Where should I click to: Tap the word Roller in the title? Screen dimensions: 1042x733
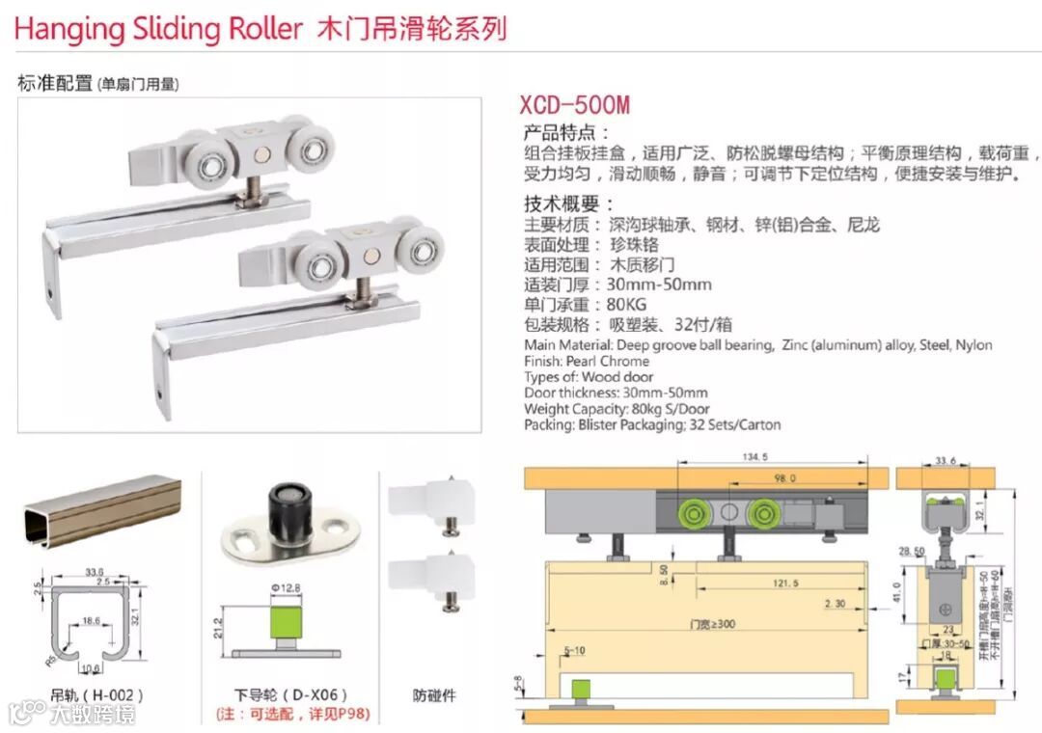265,28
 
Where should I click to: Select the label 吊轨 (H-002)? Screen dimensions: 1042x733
97,694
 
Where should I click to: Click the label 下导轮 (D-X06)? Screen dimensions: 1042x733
292,694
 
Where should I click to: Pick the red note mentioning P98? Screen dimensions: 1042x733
292,715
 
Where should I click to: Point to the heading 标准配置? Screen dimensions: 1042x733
55,84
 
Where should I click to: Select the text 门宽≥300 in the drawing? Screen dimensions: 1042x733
711,624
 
